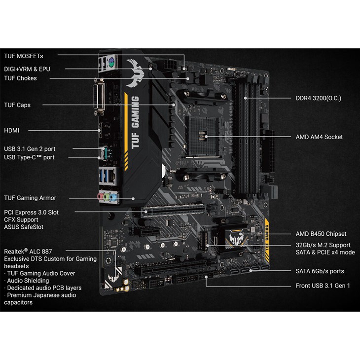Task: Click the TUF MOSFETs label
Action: click(23, 56)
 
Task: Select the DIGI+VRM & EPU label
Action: click(27, 69)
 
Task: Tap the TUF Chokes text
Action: click(20, 78)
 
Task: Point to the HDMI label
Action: click(12, 130)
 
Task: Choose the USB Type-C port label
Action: click(29, 157)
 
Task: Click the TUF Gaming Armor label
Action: click(30, 198)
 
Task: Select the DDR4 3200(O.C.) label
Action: click(319, 98)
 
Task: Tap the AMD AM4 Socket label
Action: click(319, 137)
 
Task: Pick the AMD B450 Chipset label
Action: click(321, 234)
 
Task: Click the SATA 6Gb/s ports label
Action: click(320, 271)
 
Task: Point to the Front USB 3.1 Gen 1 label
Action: click(323, 286)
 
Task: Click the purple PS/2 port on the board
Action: click(111, 61)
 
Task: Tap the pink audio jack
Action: click(100, 197)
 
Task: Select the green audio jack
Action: click(107, 197)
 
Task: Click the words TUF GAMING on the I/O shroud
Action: click(135, 122)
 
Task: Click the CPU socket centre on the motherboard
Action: click(202, 136)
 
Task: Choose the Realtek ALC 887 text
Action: click(28, 252)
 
